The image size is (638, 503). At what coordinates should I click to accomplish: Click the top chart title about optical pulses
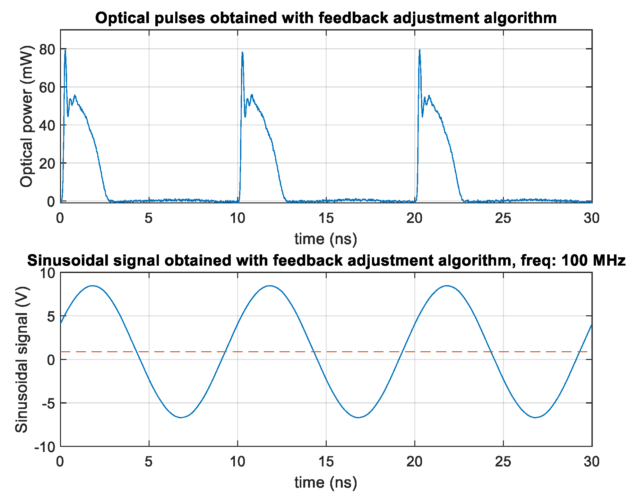326,18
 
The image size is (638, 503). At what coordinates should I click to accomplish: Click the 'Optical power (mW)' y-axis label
26,116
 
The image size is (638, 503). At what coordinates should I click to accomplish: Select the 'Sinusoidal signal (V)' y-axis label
22,360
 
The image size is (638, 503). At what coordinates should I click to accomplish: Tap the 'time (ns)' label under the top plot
326,239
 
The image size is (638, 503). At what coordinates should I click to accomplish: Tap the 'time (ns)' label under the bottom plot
326,482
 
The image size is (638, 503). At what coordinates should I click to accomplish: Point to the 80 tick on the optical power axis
47,49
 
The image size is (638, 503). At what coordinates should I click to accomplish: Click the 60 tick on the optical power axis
47,87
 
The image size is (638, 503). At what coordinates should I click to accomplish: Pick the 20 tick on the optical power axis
47,163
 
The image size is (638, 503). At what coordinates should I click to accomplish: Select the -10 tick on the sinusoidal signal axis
45,447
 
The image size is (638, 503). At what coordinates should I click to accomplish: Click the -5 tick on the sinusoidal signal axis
48,403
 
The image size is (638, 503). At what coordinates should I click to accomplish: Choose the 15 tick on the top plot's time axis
326,218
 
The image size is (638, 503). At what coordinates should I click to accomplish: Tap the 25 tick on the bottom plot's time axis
503,462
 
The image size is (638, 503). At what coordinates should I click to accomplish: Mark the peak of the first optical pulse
65,50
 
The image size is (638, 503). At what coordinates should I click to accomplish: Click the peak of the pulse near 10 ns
242,52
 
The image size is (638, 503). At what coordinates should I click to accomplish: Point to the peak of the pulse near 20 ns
419,50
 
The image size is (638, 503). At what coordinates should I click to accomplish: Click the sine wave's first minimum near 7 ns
181,417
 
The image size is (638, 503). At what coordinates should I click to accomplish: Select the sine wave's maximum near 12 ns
270,286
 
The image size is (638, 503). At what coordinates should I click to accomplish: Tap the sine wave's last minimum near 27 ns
535,417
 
